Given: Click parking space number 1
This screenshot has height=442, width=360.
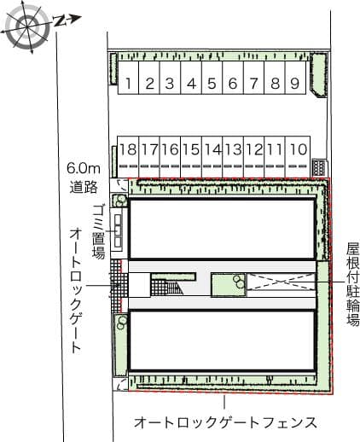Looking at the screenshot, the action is (128, 78).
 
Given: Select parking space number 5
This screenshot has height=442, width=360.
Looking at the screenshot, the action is (212, 78).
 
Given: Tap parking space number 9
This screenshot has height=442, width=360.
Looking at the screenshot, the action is (295, 78).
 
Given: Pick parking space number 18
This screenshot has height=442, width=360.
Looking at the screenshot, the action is (128, 157).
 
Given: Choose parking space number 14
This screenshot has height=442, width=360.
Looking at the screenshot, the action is (212, 157).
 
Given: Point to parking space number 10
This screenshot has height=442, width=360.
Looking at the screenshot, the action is (298, 157).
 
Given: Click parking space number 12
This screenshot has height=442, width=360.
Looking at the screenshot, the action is (253, 157).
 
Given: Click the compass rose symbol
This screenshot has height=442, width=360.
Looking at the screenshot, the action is (27, 27).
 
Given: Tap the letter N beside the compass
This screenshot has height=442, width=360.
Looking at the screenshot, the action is (60, 20).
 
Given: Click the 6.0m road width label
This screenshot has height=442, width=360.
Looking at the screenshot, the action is (84, 169).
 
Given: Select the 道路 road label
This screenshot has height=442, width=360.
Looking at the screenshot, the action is (84, 187).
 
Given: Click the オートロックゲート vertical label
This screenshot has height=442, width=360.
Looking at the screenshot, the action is (76, 290).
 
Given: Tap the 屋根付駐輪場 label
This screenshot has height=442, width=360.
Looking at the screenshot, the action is (352, 283).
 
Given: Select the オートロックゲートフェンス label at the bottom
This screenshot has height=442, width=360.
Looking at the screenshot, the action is (225, 422).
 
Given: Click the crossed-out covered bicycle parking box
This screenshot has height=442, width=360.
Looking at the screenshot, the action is (281, 282).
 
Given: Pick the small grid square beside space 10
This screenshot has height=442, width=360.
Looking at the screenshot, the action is (320, 168).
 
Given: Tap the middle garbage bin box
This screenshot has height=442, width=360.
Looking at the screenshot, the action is (118, 230).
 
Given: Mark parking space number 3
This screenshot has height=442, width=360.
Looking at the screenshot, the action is (170, 78).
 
